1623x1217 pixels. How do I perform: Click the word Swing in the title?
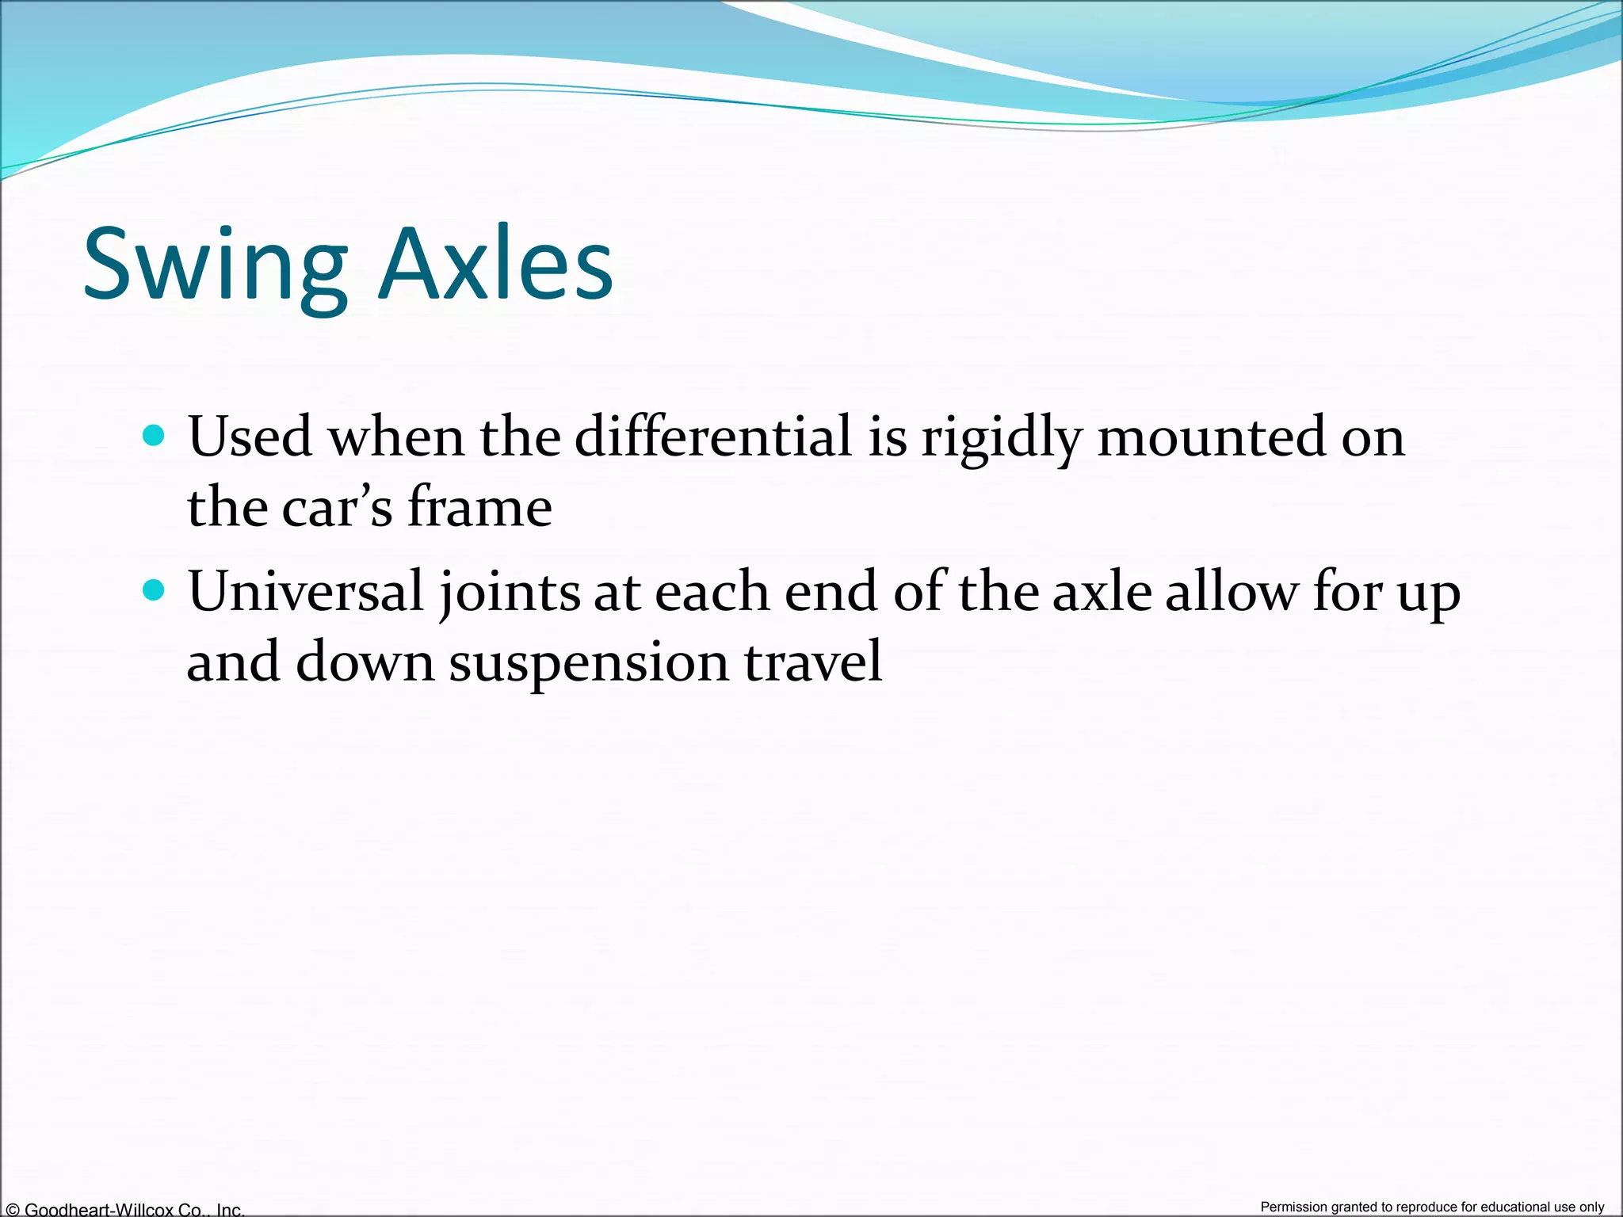point(215,265)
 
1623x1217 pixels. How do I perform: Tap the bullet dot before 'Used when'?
point(154,435)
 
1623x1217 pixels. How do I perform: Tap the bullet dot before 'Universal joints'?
point(154,590)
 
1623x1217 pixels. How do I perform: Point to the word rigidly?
point(1001,437)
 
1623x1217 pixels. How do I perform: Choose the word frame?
point(479,507)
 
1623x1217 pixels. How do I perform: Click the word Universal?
point(306,592)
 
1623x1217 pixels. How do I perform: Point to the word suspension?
point(588,662)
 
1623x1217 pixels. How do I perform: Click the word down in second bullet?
point(365,662)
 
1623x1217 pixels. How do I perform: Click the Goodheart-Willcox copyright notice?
point(124,1209)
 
